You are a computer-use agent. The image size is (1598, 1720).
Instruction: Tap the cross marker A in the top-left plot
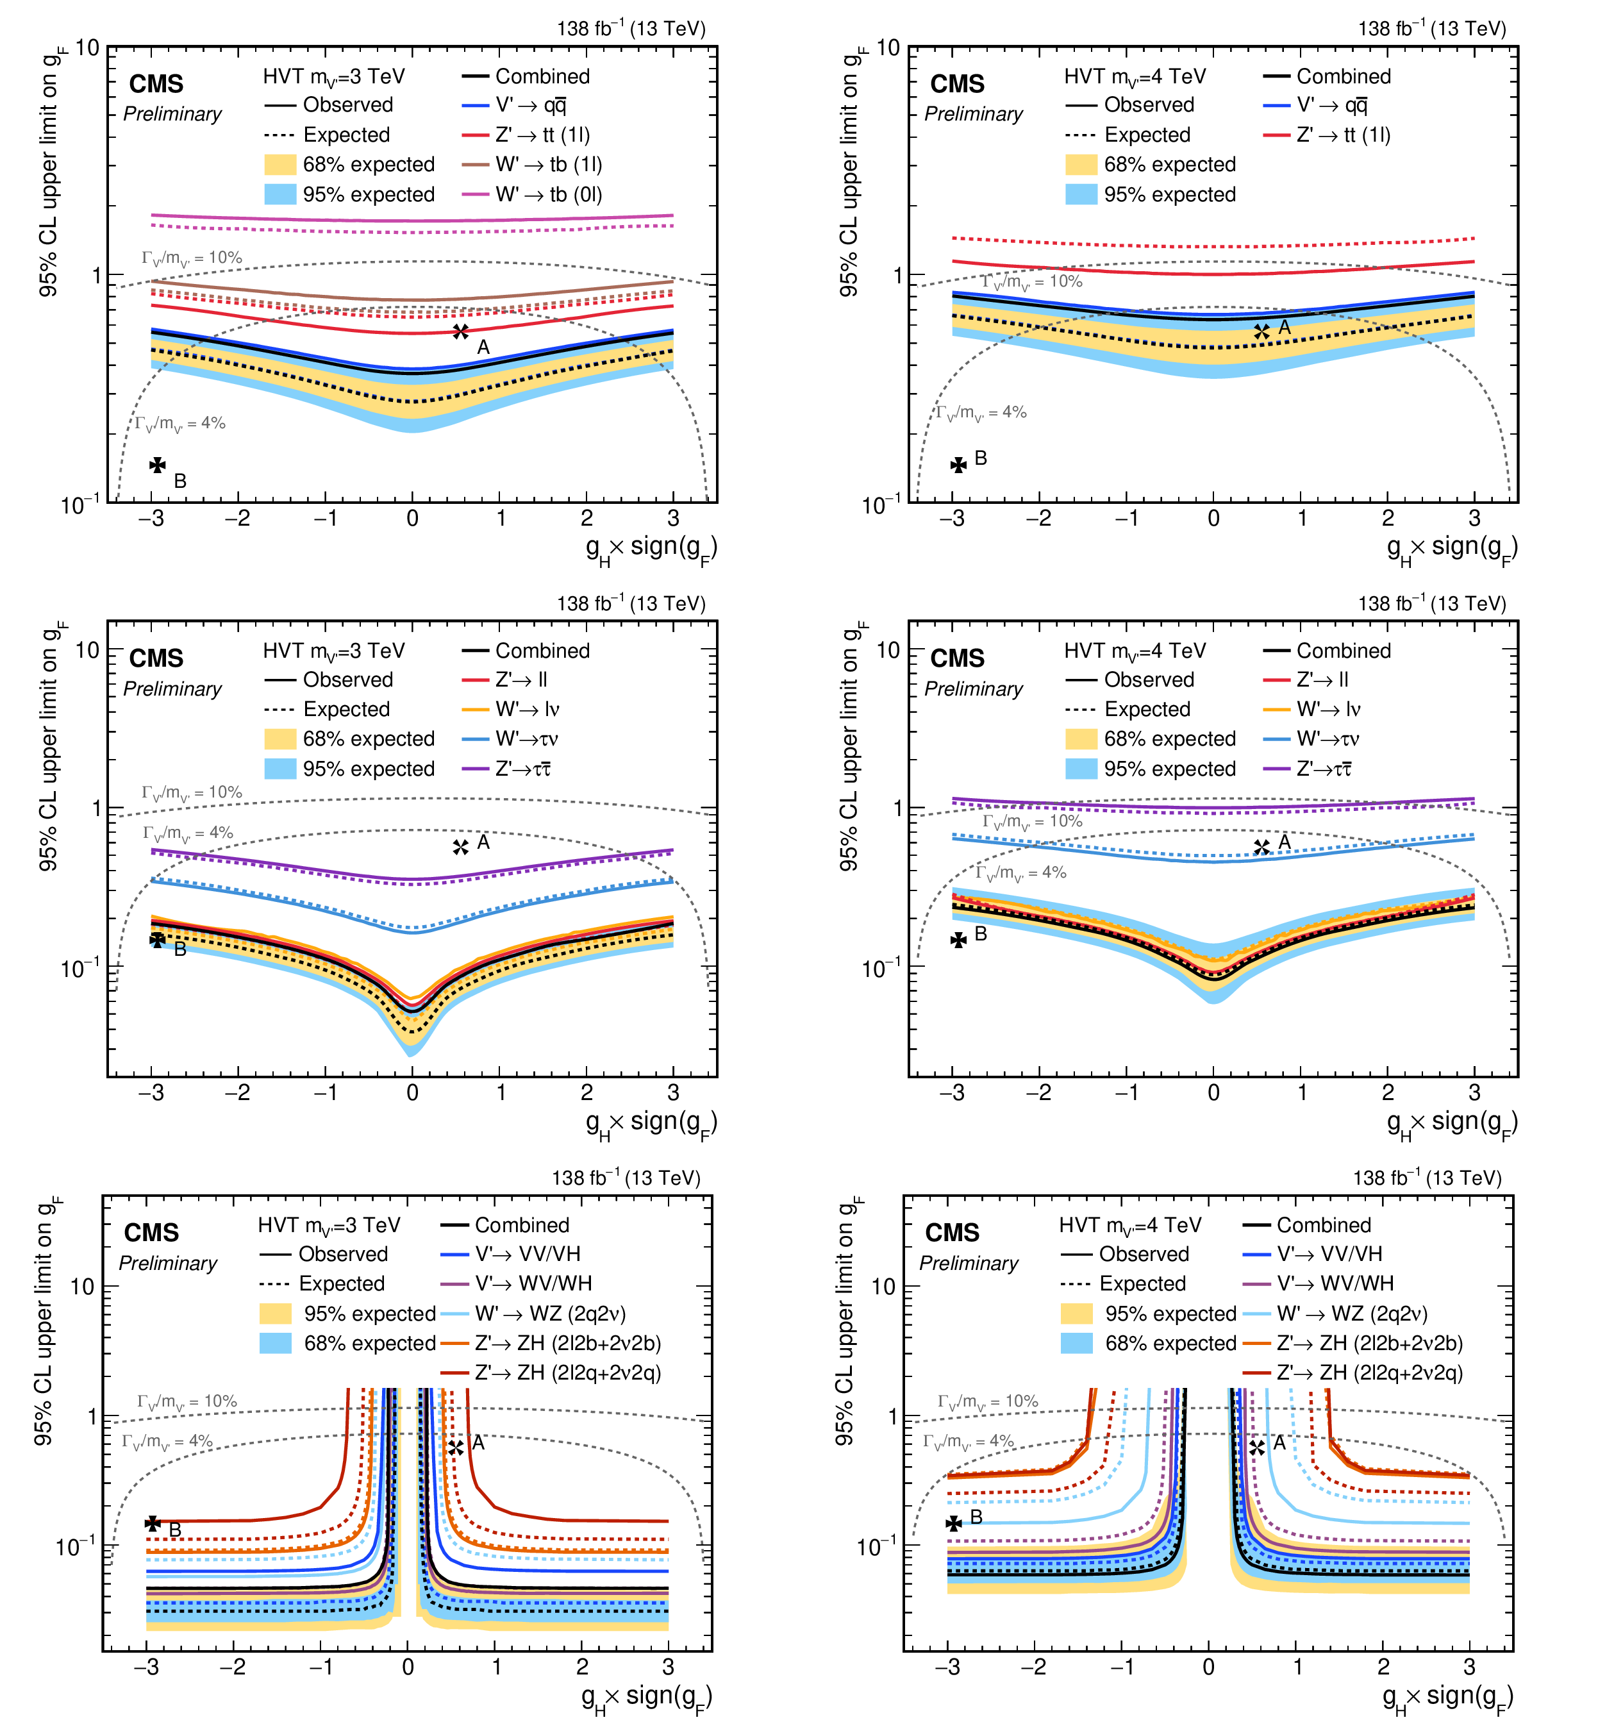[461, 331]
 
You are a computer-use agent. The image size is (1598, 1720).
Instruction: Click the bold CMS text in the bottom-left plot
[151, 1232]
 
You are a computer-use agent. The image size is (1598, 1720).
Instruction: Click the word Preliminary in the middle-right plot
[974, 689]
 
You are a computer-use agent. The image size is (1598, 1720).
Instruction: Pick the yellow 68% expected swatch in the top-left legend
[280, 164]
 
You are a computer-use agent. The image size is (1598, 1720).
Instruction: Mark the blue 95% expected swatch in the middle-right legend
[1081, 769]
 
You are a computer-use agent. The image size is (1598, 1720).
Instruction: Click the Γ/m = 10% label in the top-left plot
[192, 258]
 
